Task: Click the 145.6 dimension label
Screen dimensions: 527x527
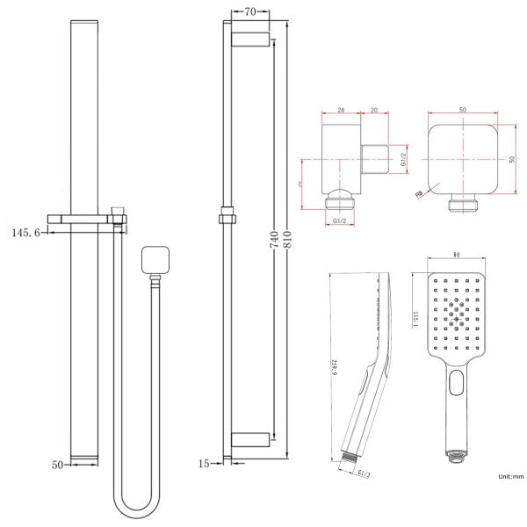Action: (27, 232)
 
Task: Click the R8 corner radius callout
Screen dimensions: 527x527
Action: (421, 198)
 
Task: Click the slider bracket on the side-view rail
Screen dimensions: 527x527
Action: (227, 213)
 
